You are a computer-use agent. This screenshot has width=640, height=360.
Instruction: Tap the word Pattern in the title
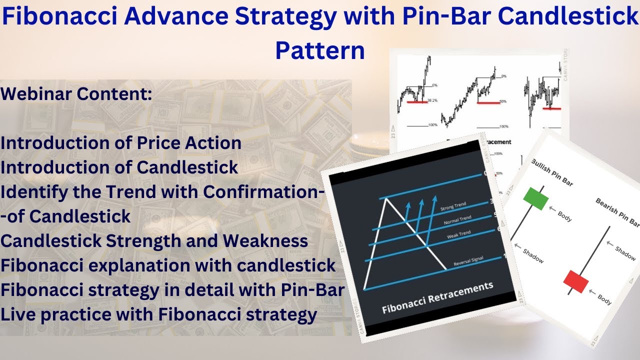320,50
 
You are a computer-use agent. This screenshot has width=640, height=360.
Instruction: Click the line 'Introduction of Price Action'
121,143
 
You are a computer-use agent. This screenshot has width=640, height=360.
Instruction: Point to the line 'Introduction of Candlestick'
119,167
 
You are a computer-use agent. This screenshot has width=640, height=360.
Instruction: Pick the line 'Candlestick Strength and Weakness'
154,241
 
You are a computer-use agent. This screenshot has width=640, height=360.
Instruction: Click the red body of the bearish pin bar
576,281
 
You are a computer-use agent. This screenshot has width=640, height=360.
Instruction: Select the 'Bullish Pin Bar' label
551,172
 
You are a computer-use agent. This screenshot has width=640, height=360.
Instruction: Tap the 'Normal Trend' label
457,220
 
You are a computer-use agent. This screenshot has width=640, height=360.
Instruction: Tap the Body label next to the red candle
604,298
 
